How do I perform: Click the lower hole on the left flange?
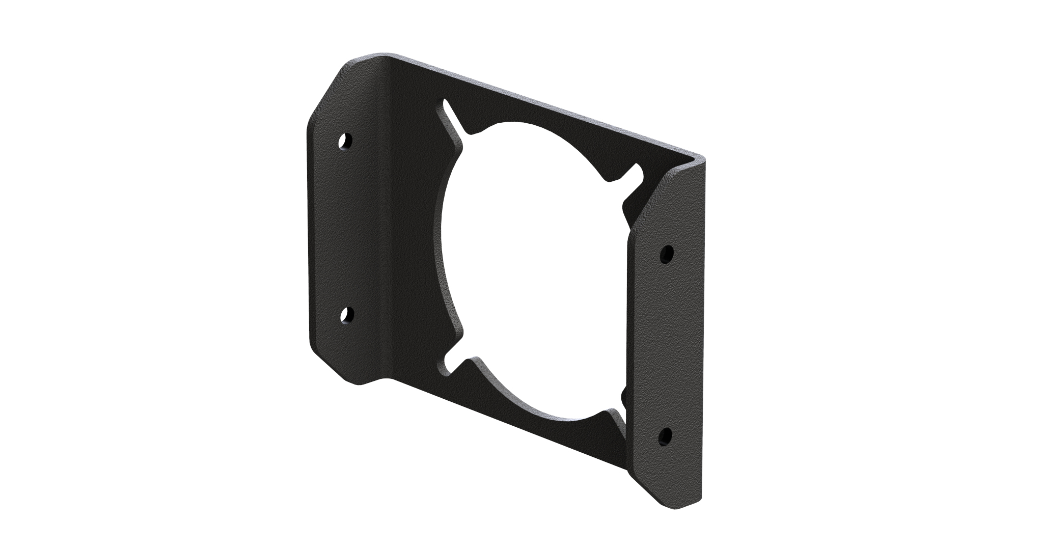pyautogui.click(x=346, y=316)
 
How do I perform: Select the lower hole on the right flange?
pyautogui.click(x=665, y=435)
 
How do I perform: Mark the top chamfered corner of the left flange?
pyautogui.click(x=326, y=92)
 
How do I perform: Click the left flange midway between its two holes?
pyautogui.click(x=346, y=229)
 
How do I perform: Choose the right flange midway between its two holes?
pyautogui.click(x=666, y=345)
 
